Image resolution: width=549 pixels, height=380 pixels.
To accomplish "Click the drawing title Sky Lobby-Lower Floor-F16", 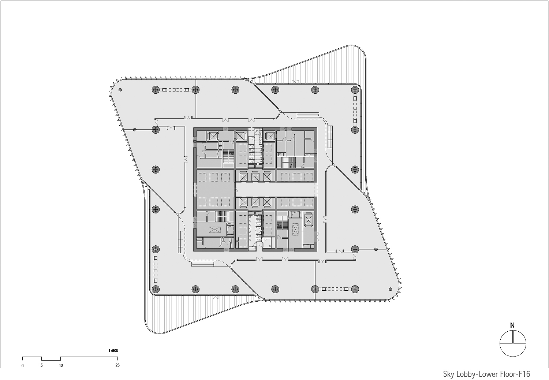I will [486, 374].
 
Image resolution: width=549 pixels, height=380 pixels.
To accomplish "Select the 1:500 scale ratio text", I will [113, 350].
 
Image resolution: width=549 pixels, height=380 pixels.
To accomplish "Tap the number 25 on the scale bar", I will [117, 365].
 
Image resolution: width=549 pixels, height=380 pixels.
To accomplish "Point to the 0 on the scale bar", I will [23, 365].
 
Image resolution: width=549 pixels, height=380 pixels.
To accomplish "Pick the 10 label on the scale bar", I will [61, 365].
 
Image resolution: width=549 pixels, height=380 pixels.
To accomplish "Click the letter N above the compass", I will [513, 325].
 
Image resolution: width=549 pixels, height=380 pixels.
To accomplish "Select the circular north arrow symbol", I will [513, 343].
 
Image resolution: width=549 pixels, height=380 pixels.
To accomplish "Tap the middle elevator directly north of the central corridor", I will [255, 177].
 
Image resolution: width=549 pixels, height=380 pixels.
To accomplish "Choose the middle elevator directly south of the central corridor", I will [255, 202].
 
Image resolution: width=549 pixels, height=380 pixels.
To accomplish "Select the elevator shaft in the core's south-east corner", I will [309, 220].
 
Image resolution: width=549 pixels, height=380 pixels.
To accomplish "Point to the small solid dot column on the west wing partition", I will [135, 130].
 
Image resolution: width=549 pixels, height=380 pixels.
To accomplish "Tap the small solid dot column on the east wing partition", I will [376, 249].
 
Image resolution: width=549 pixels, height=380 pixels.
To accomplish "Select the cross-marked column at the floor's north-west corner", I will [156, 89].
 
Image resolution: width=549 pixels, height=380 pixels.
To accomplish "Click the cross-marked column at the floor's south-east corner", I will [355, 289].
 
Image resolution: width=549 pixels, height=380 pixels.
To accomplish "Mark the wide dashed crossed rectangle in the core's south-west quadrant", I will [213, 230].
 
